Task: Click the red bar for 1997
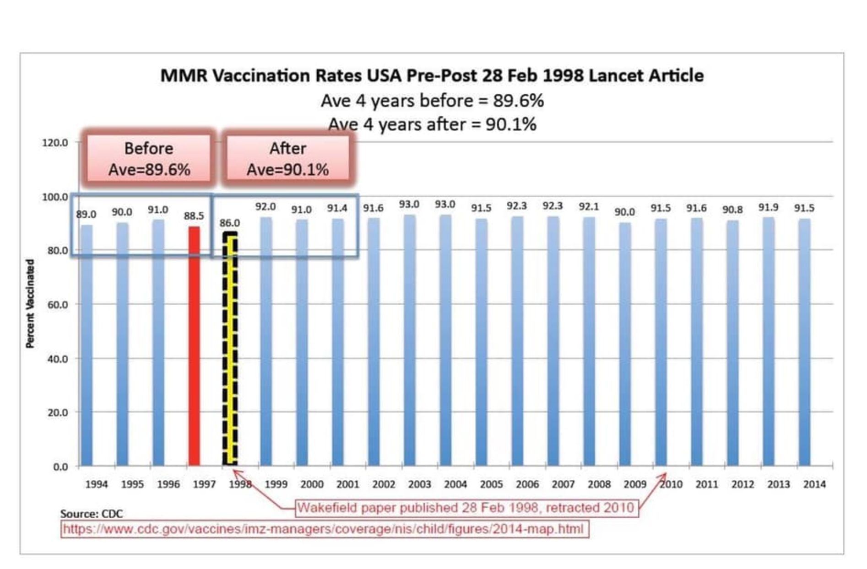[x=194, y=346]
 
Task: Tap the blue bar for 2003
[x=410, y=340]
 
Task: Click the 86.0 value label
[x=229, y=223]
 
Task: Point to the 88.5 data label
[x=194, y=216]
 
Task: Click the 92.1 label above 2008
[x=589, y=207]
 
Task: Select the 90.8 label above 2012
[x=732, y=210]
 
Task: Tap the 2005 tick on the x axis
[x=491, y=484]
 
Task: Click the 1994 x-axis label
[x=97, y=484]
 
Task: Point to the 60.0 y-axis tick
[x=58, y=305]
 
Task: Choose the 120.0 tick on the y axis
[x=55, y=143]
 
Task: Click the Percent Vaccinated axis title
[x=30, y=304]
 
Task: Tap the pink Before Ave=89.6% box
[x=149, y=159]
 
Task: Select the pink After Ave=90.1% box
[x=288, y=159]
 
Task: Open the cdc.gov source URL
[x=324, y=529]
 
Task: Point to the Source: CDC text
[x=92, y=514]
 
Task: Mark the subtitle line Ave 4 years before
[x=432, y=101]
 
